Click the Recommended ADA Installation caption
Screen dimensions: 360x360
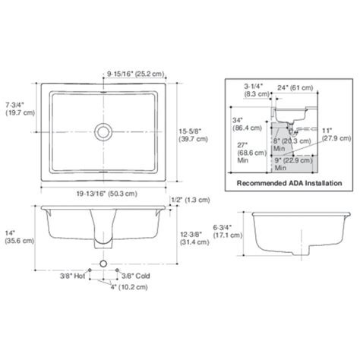pyautogui.click(x=288, y=183)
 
